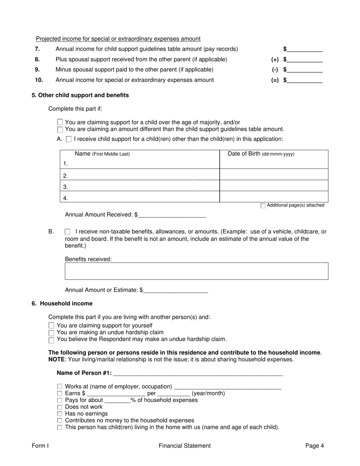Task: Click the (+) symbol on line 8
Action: pos(275,59)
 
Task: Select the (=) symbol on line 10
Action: pos(275,80)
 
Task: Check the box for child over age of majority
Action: pos(60,122)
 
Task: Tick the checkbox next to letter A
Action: pos(69,139)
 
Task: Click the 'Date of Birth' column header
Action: pos(261,154)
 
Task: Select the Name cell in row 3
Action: pos(140,187)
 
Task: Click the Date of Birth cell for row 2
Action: pos(274,175)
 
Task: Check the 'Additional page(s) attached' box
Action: pos(263,206)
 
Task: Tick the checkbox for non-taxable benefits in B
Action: pos(67,231)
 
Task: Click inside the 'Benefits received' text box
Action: pos(196,271)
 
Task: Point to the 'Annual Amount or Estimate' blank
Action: pos(175,290)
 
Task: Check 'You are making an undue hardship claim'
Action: pos(52,333)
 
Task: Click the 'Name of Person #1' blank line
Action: pos(197,373)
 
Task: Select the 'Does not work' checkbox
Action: pos(60,407)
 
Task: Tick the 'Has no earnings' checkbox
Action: pos(60,414)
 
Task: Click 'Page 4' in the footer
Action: pos(315,446)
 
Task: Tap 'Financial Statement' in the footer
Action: pos(185,446)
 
